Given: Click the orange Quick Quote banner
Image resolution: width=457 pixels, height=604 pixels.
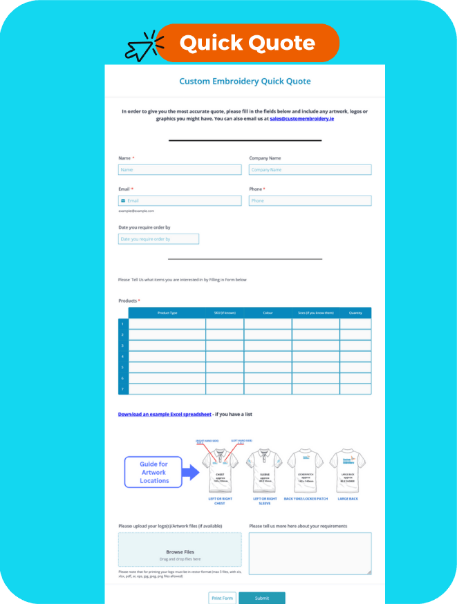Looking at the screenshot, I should click(248, 43).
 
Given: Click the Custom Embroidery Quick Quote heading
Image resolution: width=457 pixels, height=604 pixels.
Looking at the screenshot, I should click(245, 82).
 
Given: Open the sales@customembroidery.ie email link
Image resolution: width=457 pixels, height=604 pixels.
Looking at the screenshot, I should click(302, 119).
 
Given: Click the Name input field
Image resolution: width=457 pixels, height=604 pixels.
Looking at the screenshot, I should click(180, 169).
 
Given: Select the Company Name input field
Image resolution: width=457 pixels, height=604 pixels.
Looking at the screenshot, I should click(310, 169).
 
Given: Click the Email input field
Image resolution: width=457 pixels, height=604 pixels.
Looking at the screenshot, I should click(180, 200).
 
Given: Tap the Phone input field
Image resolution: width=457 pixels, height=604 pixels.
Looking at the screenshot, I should click(310, 200).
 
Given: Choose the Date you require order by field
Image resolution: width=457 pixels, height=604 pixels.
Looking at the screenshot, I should click(158, 239).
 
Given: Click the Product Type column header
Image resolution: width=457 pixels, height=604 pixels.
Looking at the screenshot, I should click(167, 313).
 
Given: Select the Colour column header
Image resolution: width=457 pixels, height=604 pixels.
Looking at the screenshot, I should click(268, 313).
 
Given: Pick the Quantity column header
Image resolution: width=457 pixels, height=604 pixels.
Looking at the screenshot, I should click(355, 313).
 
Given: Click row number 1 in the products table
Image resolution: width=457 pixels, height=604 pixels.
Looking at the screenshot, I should click(123, 323).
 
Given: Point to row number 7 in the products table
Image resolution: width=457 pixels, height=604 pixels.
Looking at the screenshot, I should click(123, 389).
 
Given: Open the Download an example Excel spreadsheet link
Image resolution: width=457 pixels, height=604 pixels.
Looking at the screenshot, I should click(165, 414).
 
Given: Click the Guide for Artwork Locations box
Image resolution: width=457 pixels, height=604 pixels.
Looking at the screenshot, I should click(153, 472).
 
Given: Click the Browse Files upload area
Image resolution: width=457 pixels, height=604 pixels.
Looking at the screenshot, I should click(180, 550).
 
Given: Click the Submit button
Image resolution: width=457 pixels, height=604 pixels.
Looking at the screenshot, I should click(262, 598).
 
